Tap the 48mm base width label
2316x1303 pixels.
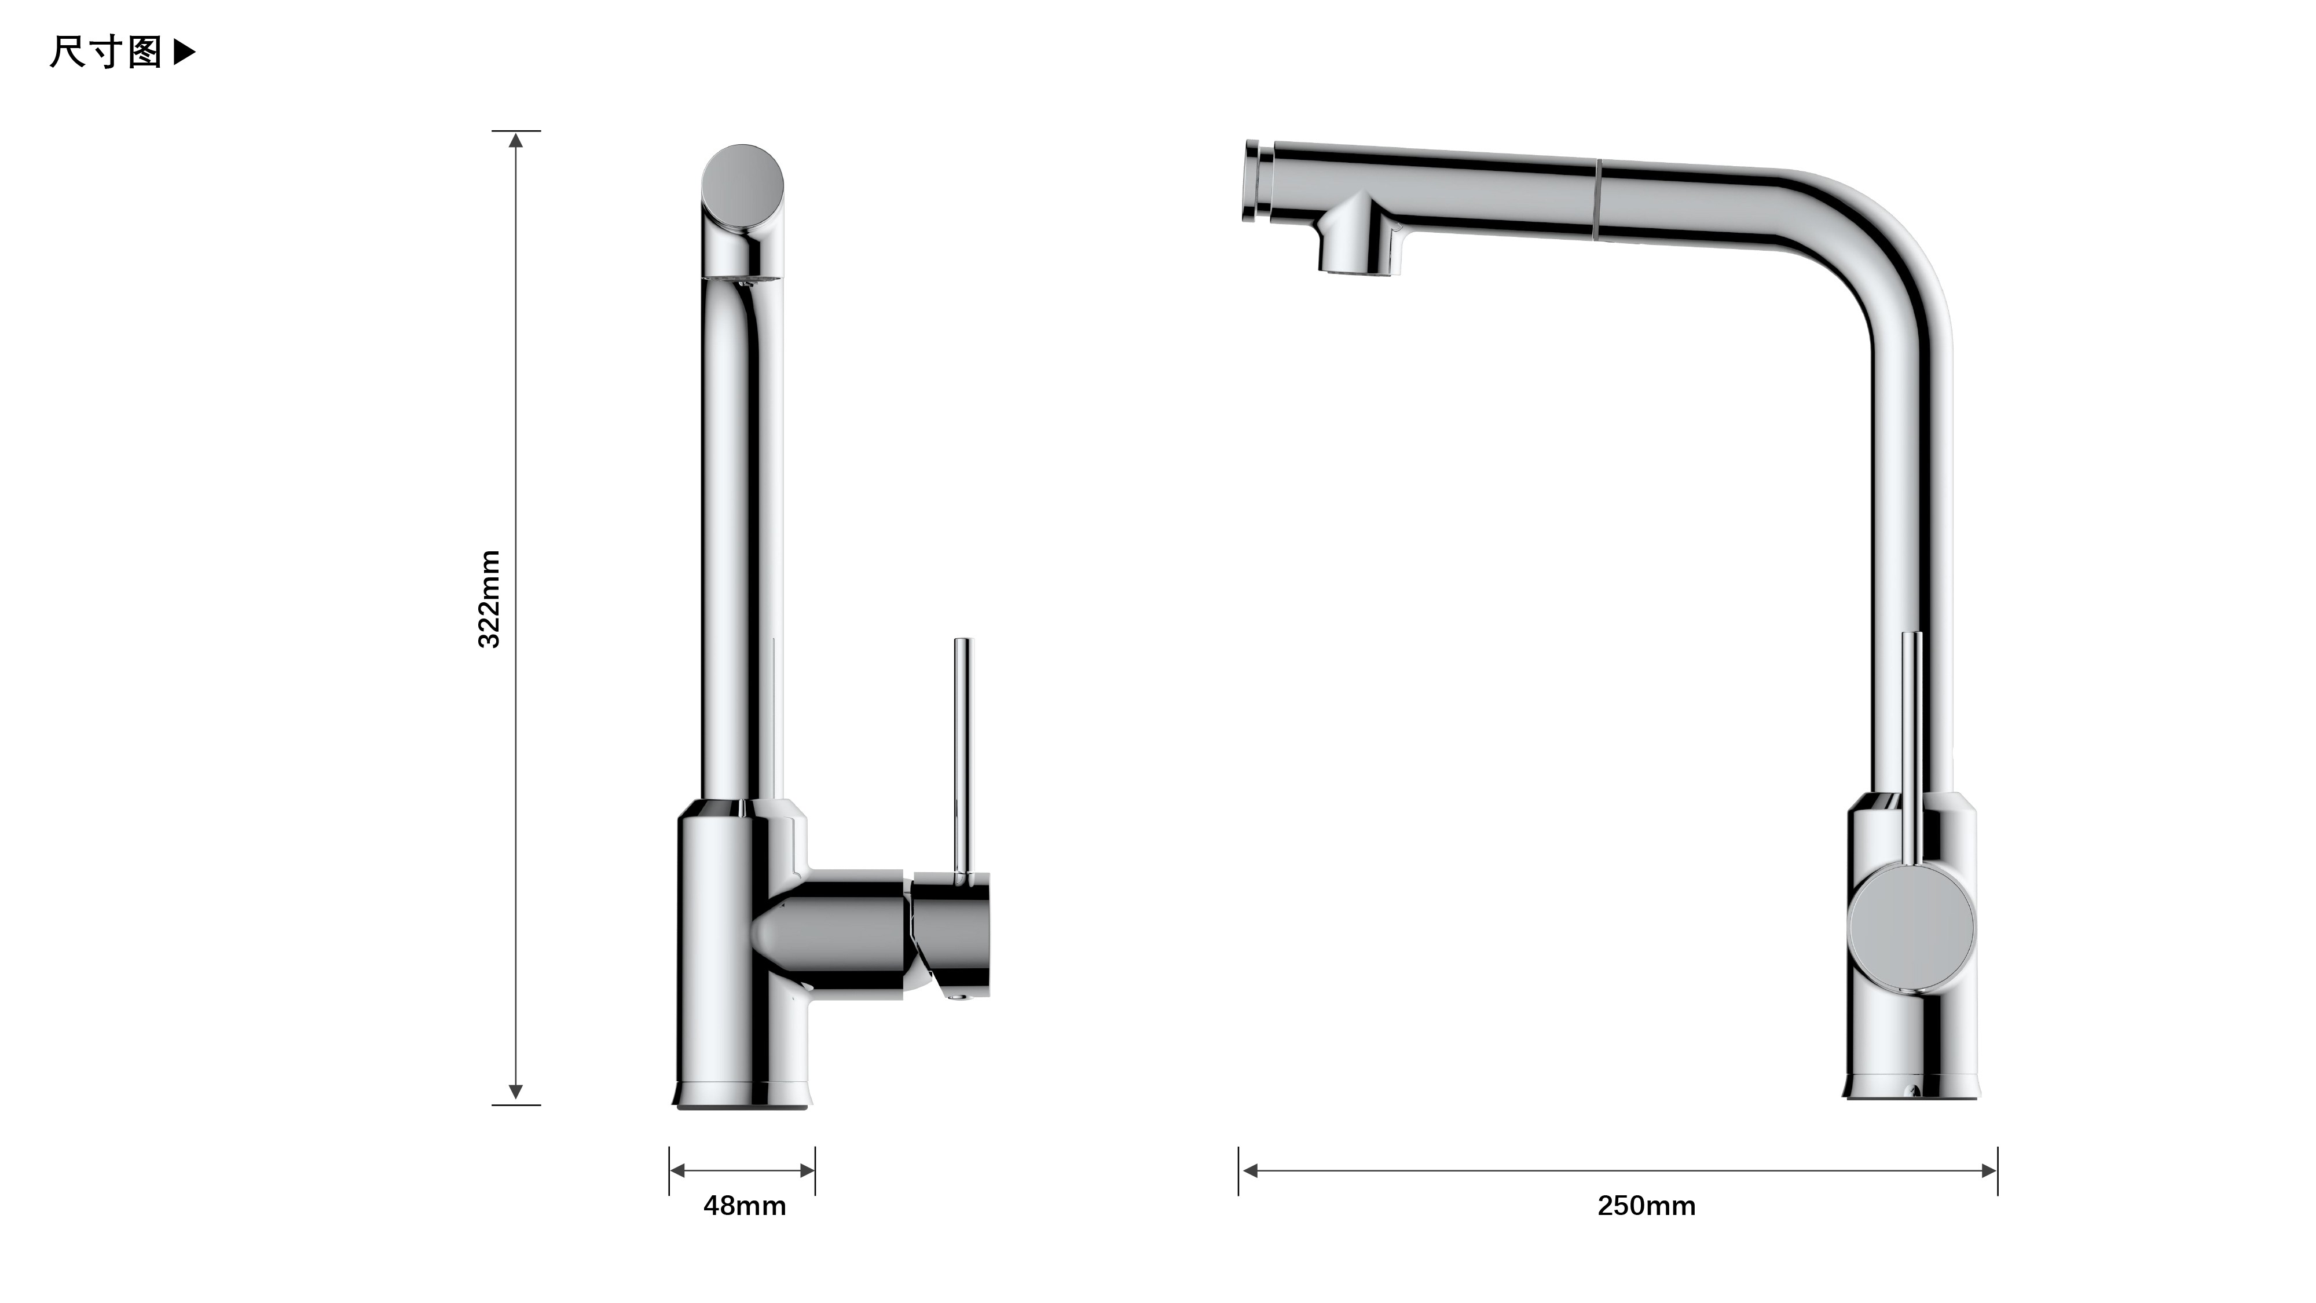(745, 1206)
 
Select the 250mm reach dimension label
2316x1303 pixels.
(1646, 1206)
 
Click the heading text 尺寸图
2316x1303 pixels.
(106, 52)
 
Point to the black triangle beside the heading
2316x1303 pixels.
(184, 52)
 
